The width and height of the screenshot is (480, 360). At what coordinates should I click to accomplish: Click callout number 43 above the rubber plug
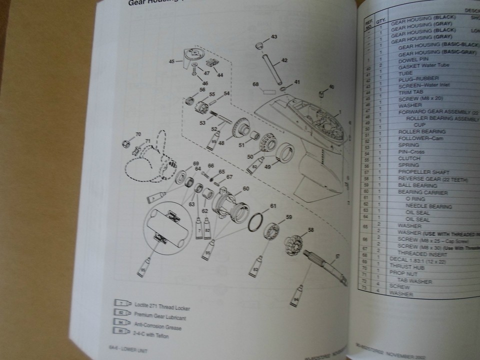(x=273, y=37)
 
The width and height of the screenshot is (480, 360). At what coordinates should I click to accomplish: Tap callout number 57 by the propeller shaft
(x=336, y=256)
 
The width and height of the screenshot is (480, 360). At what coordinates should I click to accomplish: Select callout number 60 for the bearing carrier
(x=245, y=188)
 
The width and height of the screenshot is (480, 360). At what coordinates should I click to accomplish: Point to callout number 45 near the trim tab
(x=172, y=61)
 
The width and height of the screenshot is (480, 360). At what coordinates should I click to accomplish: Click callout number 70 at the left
(x=138, y=134)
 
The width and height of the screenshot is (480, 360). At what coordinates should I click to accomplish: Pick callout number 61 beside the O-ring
(x=273, y=205)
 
